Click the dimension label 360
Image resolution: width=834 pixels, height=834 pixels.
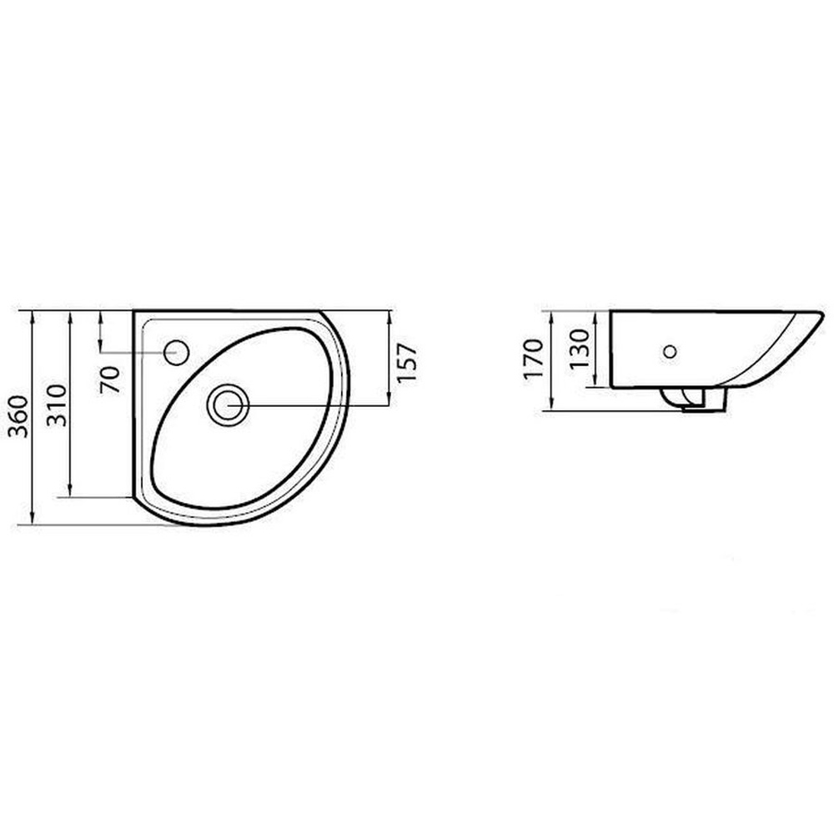pos(19,416)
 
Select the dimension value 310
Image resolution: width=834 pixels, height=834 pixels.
pos(57,405)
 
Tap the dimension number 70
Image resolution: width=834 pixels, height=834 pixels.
pos(110,379)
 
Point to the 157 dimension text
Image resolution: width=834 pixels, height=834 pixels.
pos(406,362)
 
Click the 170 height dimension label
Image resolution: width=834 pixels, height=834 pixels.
pos(534,359)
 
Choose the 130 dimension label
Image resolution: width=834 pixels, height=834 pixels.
pos(580,349)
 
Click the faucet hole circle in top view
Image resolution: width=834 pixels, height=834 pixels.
pos(176,352)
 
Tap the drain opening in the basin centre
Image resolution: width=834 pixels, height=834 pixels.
pos(229,404)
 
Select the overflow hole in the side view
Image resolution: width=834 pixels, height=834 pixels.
pos(671,351)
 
